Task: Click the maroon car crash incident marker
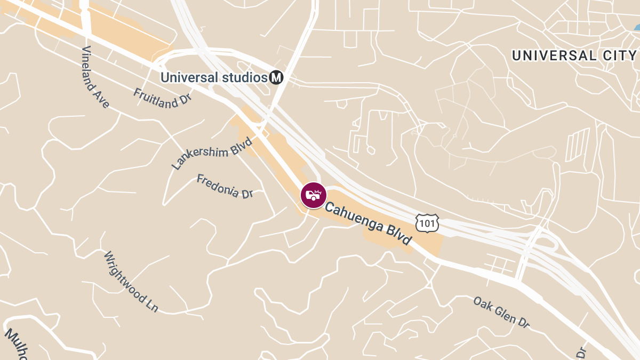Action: [313, 195]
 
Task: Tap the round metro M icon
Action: [276, 77]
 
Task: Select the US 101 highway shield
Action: [427, 223]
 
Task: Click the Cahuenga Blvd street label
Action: [369, 223]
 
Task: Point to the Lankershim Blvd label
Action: [212, 153]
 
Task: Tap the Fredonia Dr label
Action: [225, 186]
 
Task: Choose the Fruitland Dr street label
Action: [163, 98]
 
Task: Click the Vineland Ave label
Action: [95, 77]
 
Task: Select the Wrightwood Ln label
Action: [131, 281]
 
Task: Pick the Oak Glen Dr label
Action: [501, 312]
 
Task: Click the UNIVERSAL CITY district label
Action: [574, 55]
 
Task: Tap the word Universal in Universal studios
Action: [189, 77]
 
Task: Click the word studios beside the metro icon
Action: [244, 77]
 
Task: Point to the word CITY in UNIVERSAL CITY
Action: [620, 55]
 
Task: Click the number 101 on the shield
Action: [427, 223]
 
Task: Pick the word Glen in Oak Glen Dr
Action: [502, 313]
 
